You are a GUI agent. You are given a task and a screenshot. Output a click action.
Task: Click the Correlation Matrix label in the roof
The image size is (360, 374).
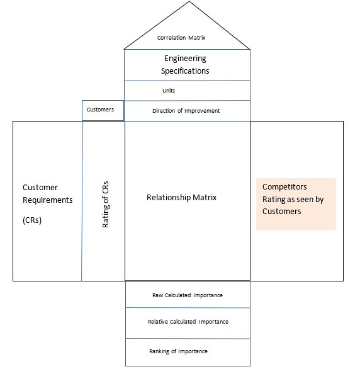click(181, 38)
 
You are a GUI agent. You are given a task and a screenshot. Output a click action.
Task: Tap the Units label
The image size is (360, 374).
click(169, 91)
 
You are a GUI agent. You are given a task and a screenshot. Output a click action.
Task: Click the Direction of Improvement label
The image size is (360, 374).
click(186, 111)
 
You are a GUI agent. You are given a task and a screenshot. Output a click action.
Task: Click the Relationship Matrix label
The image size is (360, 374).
click(181, 197)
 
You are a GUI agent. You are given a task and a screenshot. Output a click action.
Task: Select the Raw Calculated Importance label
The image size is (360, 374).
click(188, 295)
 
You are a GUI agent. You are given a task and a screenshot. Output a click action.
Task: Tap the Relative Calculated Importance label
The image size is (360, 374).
click(188, 322)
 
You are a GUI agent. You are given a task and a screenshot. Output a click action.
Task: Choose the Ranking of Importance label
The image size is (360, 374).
click(178, 351)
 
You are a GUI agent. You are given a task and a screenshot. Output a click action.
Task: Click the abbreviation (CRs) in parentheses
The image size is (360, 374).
click(32, 220)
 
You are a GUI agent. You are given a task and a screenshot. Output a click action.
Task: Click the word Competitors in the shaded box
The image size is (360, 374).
click(284, 186)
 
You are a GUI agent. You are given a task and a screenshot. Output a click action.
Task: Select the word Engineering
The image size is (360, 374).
click(185, 59)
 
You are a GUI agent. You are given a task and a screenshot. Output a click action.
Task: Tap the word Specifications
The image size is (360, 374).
click(185, 71)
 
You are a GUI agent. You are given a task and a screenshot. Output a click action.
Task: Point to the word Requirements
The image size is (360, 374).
click(48, 200)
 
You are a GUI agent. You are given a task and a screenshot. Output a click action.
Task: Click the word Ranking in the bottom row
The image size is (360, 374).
click(160, 351)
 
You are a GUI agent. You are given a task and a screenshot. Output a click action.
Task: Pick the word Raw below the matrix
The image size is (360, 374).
click(157, 295)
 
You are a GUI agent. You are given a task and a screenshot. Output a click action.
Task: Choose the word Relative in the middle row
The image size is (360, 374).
click(159, 322)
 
